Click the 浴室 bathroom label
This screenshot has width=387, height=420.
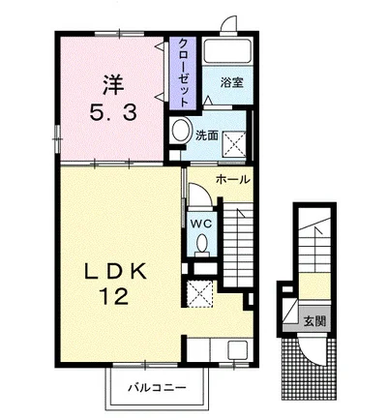231,83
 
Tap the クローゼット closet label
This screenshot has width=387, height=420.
183,74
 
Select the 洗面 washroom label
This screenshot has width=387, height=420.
207,135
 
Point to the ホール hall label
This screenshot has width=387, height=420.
233,179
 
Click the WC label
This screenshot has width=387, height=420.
200,224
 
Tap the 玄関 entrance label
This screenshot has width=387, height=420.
315,321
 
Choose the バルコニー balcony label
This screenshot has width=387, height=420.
157,387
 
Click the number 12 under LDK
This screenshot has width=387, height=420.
114,296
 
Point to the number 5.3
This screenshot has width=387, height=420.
113,113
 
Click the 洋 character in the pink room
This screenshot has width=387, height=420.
113,84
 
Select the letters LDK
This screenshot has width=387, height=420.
115,273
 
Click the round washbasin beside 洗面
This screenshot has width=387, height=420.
181,130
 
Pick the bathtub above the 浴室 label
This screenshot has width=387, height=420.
228,49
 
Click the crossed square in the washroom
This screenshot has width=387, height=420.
234,144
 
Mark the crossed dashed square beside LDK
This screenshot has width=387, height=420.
200,293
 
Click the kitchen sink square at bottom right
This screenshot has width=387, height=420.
238,349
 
